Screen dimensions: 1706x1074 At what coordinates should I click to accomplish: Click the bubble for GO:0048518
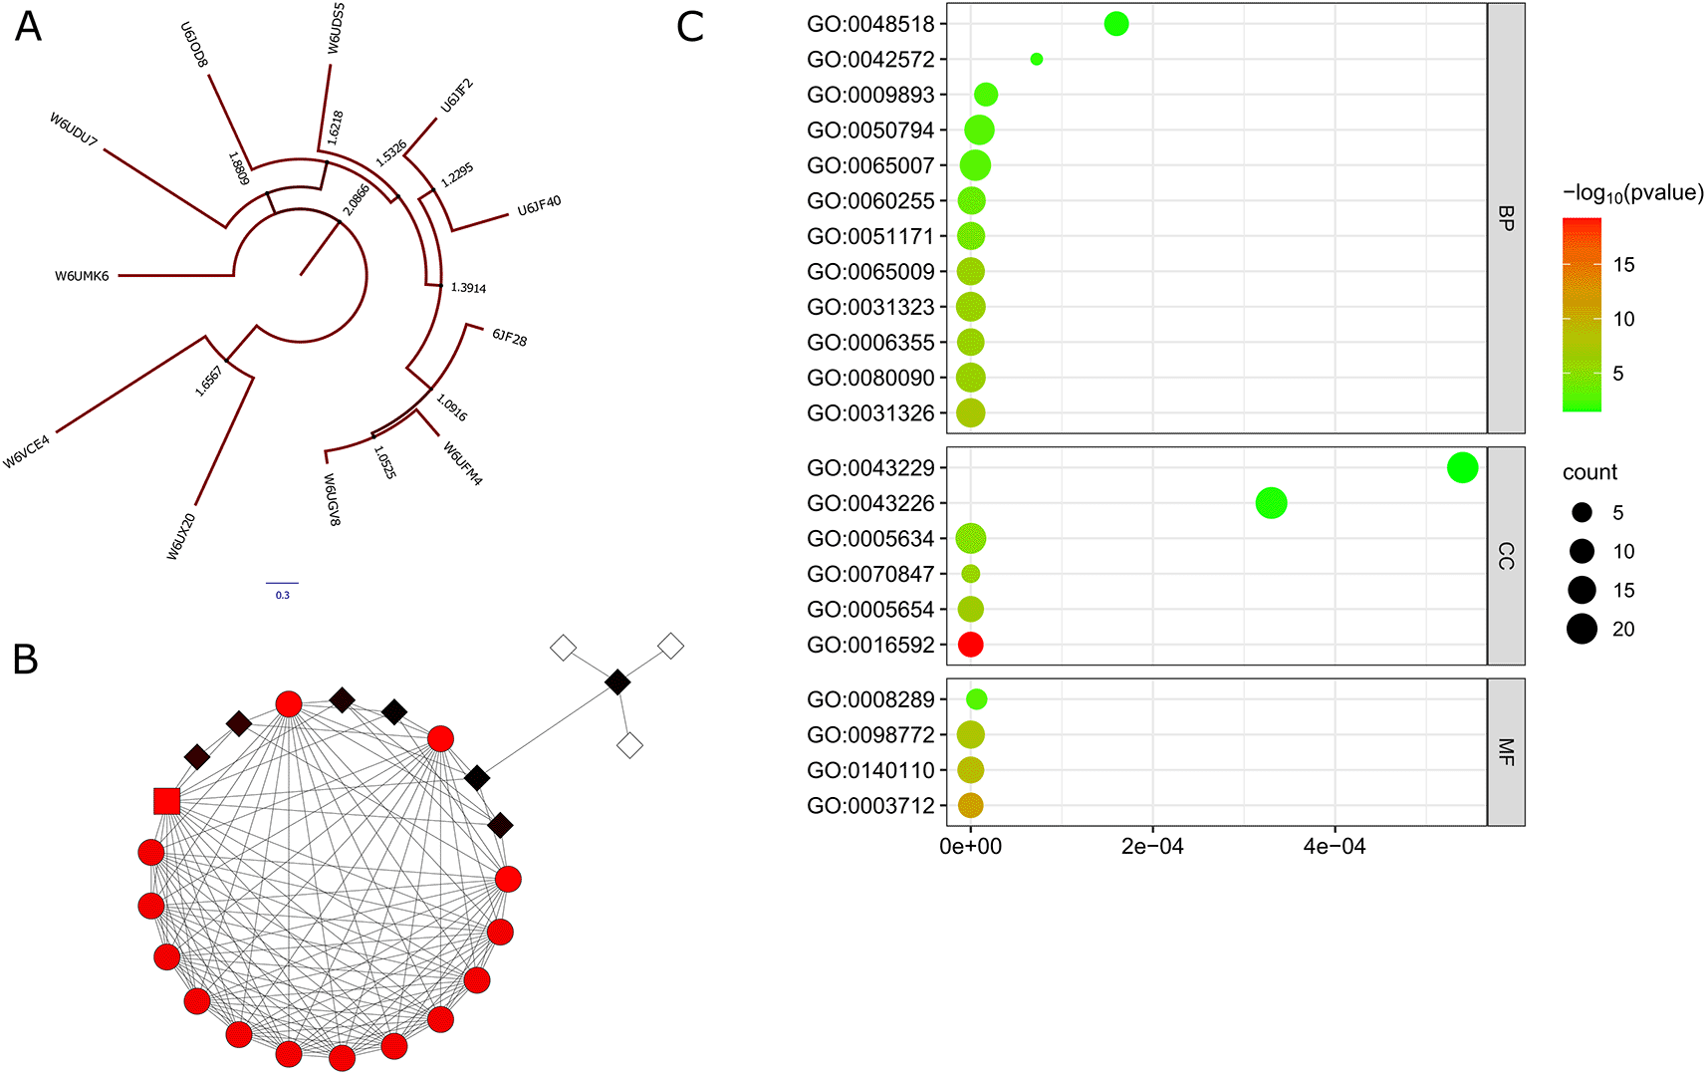tap(1116, 24)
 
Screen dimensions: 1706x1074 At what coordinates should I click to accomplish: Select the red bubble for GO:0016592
tap(970, 645)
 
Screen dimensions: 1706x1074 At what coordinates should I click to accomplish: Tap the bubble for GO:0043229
tap(1462, 467)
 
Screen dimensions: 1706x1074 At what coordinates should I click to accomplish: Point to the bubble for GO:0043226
tap(1271, 503)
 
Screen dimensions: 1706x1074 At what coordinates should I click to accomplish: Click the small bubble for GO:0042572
tap(1037, 59)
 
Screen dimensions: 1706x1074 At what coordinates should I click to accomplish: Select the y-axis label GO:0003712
tap(870, 806)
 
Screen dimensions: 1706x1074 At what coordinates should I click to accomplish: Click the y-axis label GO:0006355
tap(870, 343)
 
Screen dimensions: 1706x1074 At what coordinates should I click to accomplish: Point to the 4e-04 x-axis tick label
tap(1335, 846)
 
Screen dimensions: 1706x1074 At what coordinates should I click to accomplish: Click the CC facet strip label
tap(1506, 556)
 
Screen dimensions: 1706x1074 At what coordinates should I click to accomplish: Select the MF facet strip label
tap(1506, 752)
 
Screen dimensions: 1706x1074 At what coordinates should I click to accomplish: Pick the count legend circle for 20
tap(1582, 629)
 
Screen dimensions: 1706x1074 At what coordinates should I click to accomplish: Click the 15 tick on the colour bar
tap(1623, 264)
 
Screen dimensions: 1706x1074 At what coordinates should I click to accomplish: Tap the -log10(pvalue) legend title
tap(1633, 193)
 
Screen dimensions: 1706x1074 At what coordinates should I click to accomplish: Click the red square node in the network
tap(166, 801)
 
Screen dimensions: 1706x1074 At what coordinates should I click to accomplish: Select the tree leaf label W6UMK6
tap(82, 276)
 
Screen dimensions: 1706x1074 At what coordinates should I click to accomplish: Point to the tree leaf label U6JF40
tap(539, 205)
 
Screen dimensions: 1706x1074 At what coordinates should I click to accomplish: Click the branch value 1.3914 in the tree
tap(468, 288)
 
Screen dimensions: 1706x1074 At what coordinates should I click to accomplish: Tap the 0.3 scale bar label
tap(283, 595)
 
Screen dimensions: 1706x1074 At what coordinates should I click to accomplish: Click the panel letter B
tap(25, 660)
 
